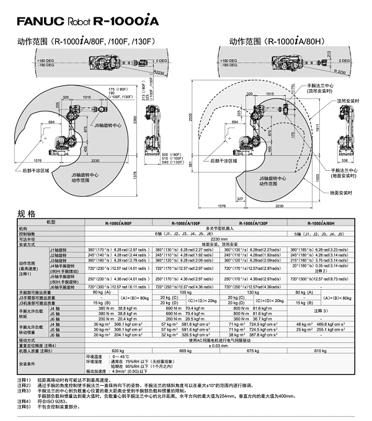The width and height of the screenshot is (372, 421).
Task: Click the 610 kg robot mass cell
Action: (319, 350)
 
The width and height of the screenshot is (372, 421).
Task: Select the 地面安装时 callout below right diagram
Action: (343, 193)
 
